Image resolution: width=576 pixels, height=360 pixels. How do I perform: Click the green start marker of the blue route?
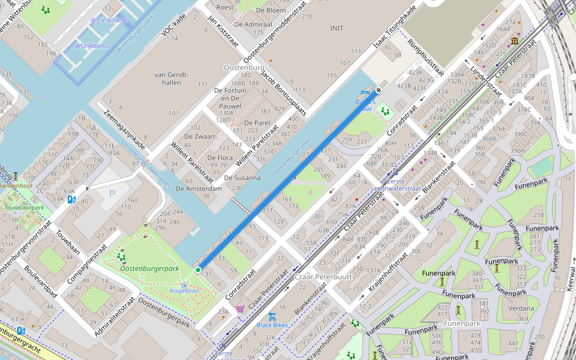[198, 270]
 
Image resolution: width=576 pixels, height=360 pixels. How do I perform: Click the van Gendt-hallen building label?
[171, 78]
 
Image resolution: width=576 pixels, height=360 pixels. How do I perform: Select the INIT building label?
[337, 28]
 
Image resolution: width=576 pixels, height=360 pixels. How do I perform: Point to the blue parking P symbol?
[112, 194]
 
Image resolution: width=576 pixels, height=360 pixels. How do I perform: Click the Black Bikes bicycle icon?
[272, 316]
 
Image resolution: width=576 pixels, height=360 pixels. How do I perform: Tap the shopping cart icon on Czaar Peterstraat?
[240, 309]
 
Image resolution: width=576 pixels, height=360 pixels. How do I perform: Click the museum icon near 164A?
[515, 41]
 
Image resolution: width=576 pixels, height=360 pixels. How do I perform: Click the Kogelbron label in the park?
[184, 290]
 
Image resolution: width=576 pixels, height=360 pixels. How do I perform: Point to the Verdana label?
[521, 308]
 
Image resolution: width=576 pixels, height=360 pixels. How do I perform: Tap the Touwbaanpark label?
[24, 208]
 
